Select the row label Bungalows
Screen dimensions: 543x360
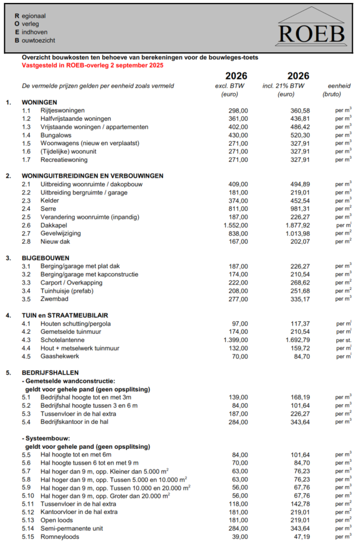[x=56, y=135]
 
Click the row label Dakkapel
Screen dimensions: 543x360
[x=53, y=225]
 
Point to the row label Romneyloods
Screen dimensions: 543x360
[x=60, y=536]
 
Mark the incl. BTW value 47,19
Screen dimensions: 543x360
[x=301, y=536]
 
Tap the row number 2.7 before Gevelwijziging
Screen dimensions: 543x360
[x=26, y=234]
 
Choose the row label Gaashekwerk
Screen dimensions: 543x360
[x=59, y=356]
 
